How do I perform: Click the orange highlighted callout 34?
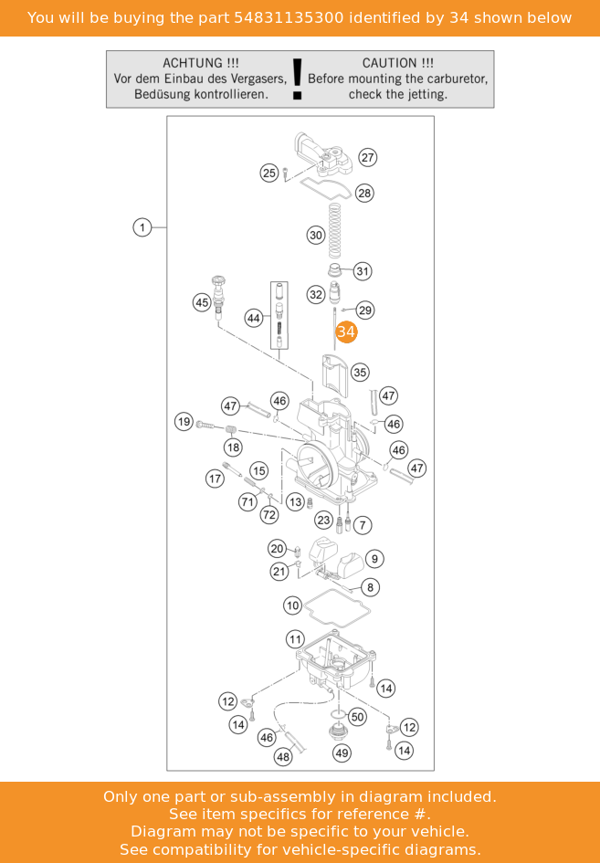[346, 332]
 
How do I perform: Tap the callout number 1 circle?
[142, 227]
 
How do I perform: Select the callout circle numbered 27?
[368, 157]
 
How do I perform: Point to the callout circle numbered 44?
[253, 318]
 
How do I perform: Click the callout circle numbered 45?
[202, 302]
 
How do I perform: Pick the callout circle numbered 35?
[360, 373]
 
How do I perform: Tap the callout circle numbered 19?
[184, 422]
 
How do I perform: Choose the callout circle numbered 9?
[374, 559]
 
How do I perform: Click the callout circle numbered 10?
[293, 606]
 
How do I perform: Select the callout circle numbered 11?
[296, 639]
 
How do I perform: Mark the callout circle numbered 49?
[342, 753]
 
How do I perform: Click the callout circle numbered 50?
[358, 717]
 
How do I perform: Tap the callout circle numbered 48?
[283, 757]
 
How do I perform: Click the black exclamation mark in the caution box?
[297, 79]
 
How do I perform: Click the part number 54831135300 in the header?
[289, 17]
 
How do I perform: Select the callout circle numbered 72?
[269, 515]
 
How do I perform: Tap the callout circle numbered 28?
[364, 194]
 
